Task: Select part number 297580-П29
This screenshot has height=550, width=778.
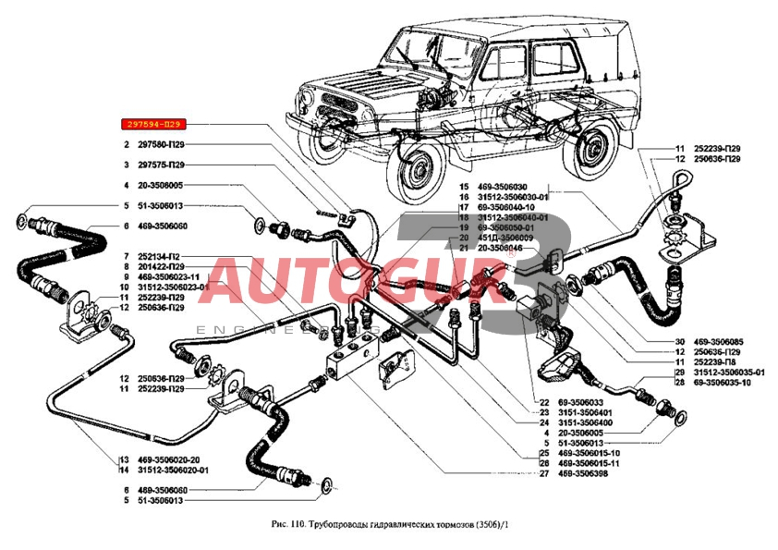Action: tap(163, 145)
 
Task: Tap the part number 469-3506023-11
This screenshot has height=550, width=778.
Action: tap(173, 276)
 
